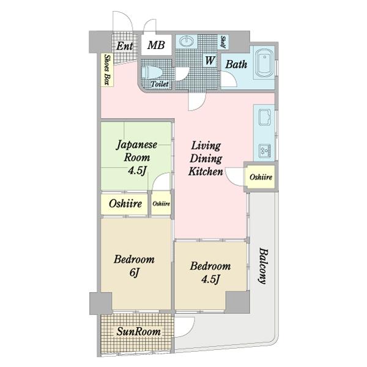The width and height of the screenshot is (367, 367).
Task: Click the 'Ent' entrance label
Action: [125, 46]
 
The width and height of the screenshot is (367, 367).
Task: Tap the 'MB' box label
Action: [156, 45]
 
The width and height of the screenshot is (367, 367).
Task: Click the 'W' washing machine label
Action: [209, 61]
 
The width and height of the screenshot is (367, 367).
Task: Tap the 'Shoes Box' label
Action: [107, 69]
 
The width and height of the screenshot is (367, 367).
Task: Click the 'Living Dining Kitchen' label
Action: [206, 158]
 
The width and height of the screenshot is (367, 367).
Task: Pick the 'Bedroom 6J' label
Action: [135, 265]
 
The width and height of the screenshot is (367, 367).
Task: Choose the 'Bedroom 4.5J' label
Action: [210, 272]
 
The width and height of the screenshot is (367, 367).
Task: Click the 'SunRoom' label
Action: [139, 332]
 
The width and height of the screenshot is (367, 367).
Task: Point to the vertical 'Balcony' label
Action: [262, 267]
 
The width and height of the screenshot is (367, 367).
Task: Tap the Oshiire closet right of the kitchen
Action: [261, 177]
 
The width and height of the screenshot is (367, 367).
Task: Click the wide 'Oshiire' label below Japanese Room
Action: [125, 204]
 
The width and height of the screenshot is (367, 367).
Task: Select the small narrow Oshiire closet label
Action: [161, 204]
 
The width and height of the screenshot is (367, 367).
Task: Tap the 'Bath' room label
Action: [236, 63]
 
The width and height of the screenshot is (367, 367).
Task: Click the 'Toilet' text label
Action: [160, 83]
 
